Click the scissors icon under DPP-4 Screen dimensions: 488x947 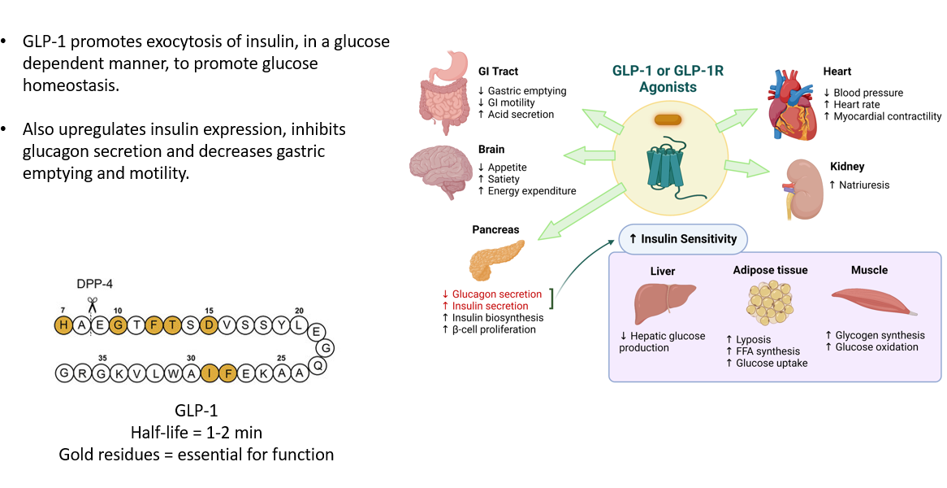tap(92, 304)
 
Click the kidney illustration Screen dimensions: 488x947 tap(800, 187)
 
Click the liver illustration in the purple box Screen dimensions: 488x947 tap(664, 303)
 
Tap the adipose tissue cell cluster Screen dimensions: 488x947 tap(768, 303)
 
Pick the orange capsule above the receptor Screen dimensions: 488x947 tap(668, 120)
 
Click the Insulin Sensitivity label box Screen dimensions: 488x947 tap(682, 239)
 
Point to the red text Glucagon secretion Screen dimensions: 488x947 tap(491, 294)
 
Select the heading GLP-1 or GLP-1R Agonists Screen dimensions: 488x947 tap(667, 79)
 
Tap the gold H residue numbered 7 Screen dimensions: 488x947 tap(63, 325)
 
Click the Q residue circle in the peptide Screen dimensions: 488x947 tap(318, 364)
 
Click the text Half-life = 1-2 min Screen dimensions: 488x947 tap(196, 432)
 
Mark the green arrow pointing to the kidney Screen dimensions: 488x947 tap(746, 168)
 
